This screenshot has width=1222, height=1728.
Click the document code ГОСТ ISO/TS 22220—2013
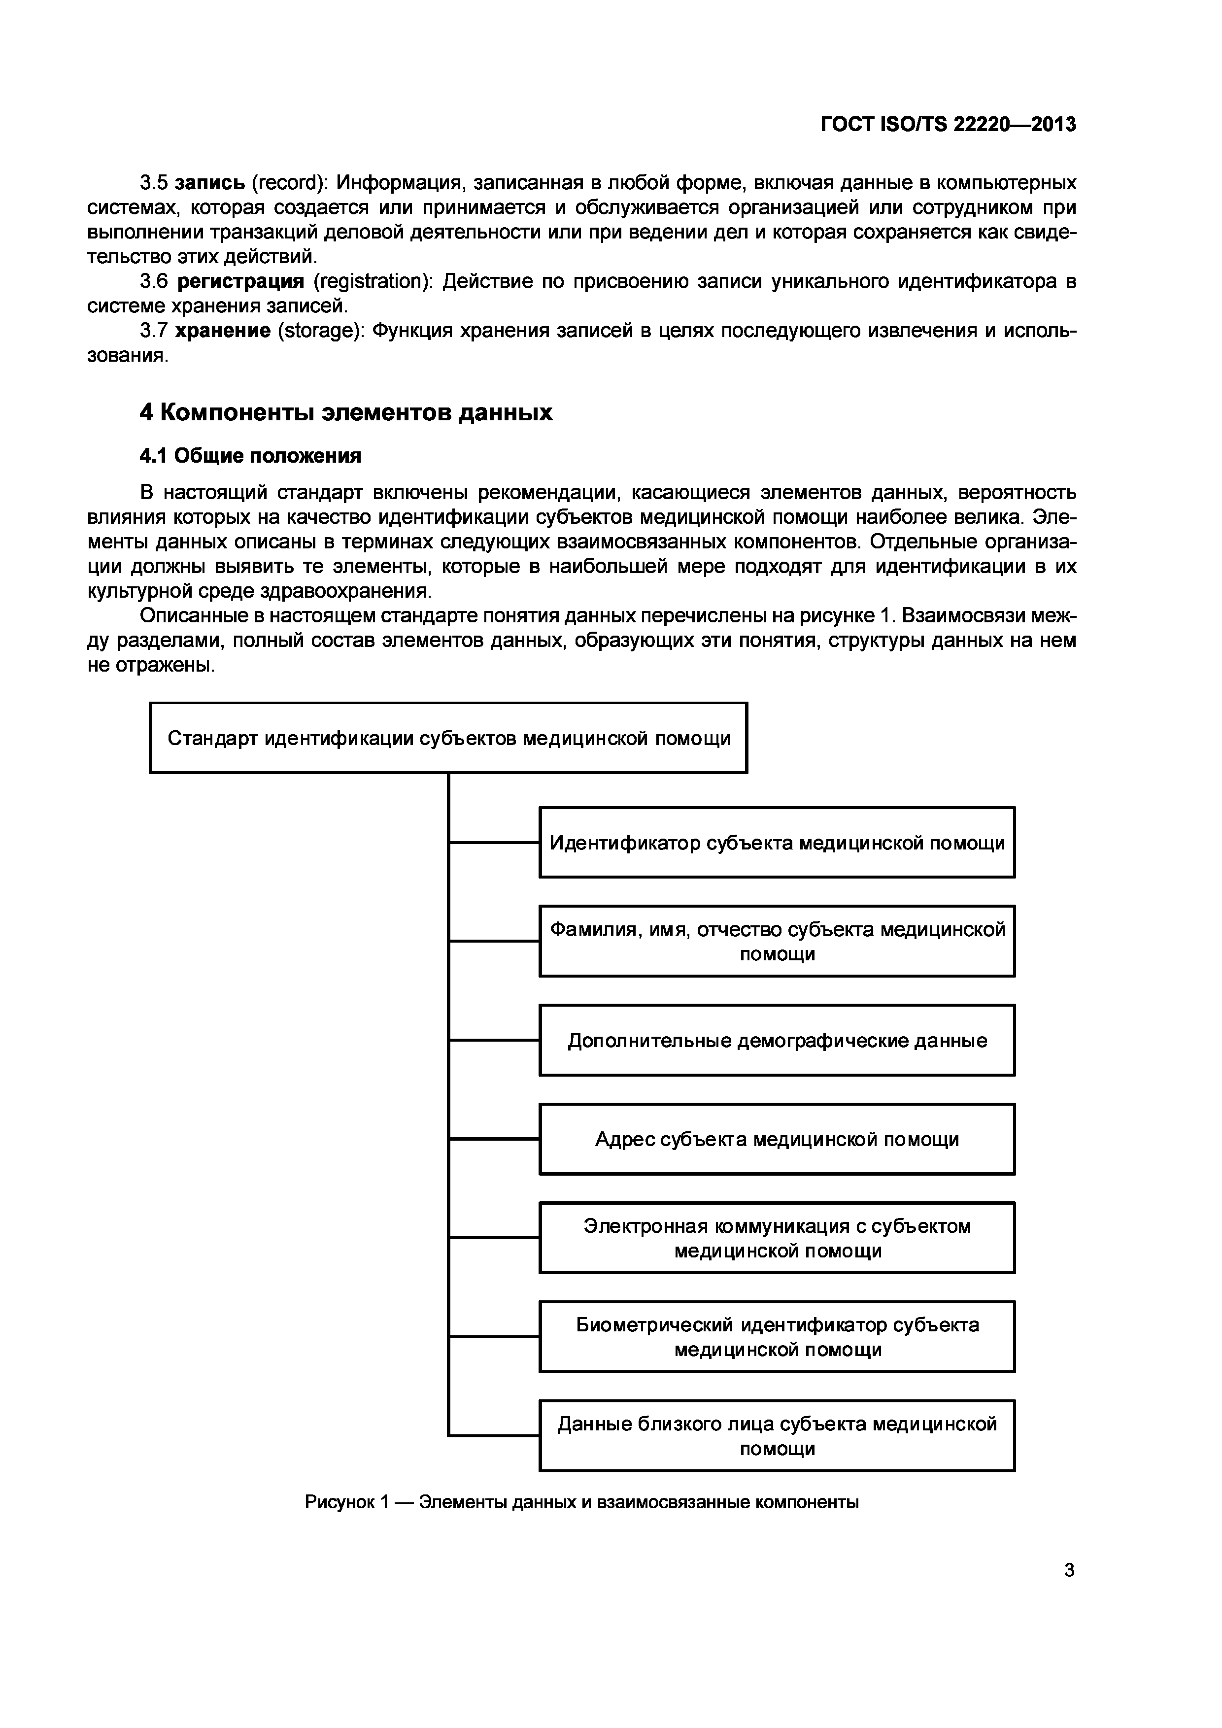(948, 124)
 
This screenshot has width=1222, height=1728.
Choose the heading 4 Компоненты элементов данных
(346, 412)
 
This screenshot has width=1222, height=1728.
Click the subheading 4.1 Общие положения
(251, 456)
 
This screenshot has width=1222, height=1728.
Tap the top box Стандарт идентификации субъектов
(448, 738)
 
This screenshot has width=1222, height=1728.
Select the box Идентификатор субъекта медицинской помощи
(777, 842)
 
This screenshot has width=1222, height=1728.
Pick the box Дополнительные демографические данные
(777, 1041)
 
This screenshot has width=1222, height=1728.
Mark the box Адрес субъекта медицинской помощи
(777, 1140)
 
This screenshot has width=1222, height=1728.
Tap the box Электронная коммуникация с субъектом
(777, 1239)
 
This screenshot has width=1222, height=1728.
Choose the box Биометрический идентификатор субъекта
(777, 1337)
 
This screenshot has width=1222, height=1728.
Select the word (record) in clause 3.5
(289, 183)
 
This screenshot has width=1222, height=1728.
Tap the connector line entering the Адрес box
(494, 1140)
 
